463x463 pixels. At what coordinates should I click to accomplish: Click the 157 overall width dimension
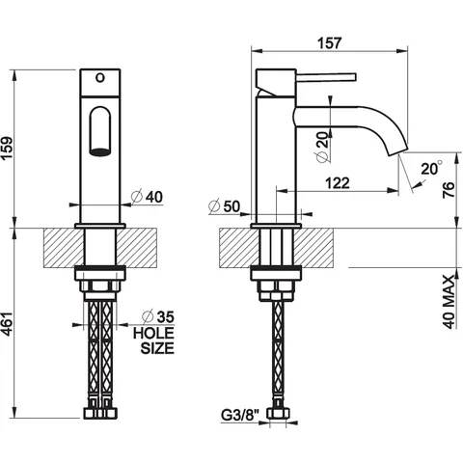click(x=329, y=43)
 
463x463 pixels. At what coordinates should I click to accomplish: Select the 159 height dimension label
click(x=7, y=148)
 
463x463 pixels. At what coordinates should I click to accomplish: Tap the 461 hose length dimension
click(x=7, y=323)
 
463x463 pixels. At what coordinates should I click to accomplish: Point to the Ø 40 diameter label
click(x=147, y=197)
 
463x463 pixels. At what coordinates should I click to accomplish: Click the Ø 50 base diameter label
click(x=224, y=206)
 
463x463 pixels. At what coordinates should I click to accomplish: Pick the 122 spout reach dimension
click(x=338, y=183)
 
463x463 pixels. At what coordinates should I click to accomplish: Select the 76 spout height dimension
click(x=449, y=190)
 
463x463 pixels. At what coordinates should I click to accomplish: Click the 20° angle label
click(x=432, y=168)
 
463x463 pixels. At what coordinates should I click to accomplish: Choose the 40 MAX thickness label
click(x=449, y=302)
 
